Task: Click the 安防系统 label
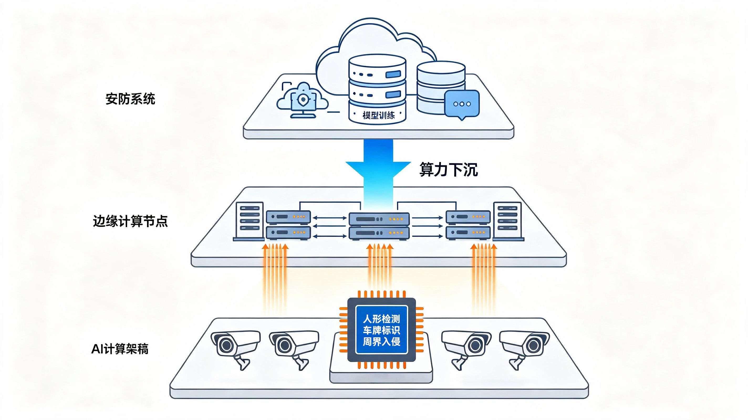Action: (x=130, y=99)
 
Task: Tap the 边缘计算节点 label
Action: (x=130, y=221)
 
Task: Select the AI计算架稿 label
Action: (x=120, y=349)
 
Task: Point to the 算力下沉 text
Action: (x=449, y=169)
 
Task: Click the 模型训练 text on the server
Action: (x=379, y=115)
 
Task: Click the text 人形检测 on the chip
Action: (x=382, y=319)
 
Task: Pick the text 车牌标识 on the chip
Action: (x=382, y=330)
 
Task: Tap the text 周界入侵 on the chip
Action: (x=382, y=342)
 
